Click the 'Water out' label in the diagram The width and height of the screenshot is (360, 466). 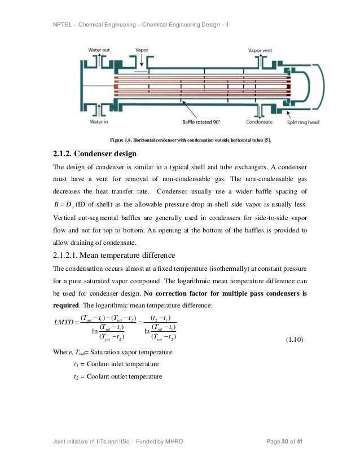tap(99, 50)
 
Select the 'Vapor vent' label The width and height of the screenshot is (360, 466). tap(260, 50)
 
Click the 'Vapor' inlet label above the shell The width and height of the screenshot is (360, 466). tap(142, 50)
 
